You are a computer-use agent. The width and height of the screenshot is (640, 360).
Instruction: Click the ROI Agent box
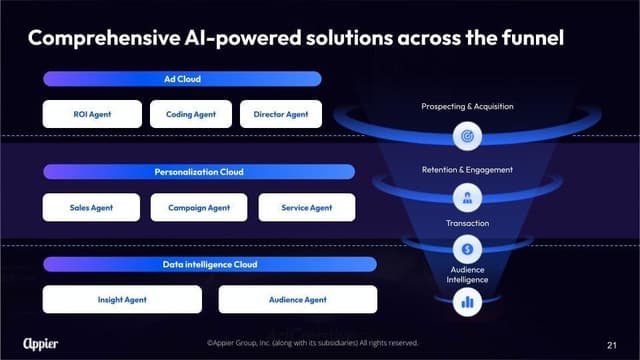(92, 114)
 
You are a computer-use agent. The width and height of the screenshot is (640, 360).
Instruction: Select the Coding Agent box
(191, 114)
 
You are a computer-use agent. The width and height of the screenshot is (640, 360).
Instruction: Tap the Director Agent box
(281, 114)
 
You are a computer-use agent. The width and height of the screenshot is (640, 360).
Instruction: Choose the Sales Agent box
(91, 207)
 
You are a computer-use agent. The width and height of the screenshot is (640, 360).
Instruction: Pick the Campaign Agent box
(199, 207)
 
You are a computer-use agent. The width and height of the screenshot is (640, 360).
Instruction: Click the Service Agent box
(307, 207)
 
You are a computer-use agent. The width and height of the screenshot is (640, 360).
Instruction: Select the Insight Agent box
(124, 299)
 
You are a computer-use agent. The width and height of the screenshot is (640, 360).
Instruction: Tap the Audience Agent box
(297, 299)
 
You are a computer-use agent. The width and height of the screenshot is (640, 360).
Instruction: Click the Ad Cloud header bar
(182, 79)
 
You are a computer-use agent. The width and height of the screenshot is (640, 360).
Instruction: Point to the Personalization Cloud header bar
(198, 172)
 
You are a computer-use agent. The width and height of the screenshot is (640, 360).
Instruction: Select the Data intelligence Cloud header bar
(209, 264)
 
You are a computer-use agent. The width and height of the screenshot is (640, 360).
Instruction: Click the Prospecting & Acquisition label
(468, 105)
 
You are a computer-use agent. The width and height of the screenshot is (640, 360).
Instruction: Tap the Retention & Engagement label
(468, 169)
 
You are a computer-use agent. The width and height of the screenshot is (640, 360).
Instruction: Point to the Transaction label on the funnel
(468, 223)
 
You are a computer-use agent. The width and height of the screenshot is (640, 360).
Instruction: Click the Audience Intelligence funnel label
(468, 274)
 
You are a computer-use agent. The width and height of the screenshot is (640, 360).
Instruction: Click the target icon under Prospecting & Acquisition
(468, 135)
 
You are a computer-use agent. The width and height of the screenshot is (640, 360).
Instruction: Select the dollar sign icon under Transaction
(468, 248)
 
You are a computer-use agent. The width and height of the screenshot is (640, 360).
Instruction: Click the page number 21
(612, 344)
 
